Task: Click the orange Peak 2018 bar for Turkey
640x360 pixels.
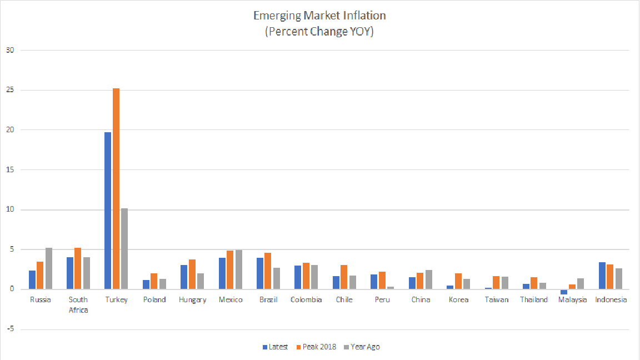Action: coord(116,189)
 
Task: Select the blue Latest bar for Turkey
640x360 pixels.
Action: coord(108,211)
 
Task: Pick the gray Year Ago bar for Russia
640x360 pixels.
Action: coord(48,268)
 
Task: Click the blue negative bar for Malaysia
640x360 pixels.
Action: coord(564,292)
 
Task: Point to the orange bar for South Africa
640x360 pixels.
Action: coord(78,268)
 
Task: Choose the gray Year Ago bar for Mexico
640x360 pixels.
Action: coord(238,269)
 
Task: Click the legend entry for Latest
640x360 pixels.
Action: coord(275,347)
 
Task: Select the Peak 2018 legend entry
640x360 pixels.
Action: coord(316,347)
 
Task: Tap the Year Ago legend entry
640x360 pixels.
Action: coord(362,347)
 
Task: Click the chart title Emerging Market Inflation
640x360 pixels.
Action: coord(319,15)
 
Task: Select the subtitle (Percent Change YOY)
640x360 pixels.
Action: coord(319,32)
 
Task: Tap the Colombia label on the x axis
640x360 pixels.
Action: coord(306,300)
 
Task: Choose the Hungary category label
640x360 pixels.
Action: coord(192,300)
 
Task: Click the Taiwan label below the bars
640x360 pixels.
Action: coord(496,300)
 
